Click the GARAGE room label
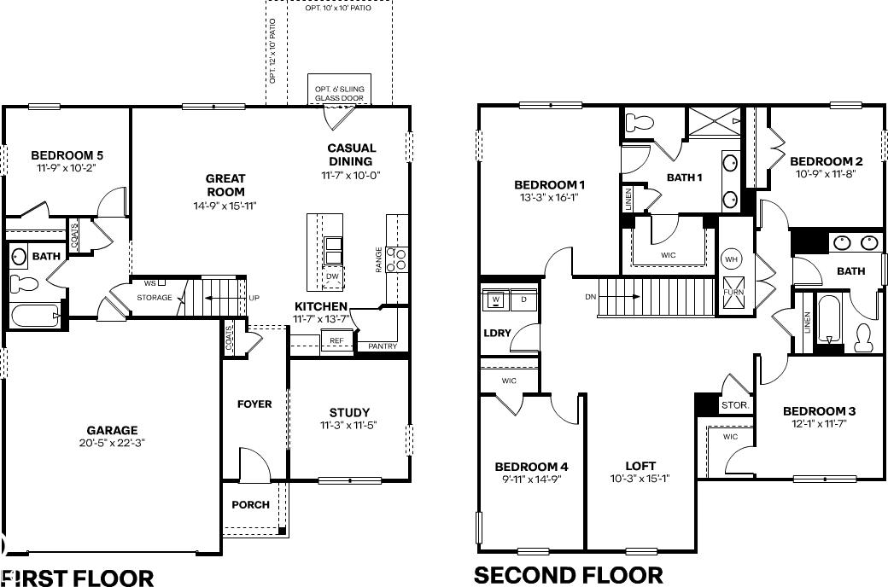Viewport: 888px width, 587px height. (112, 430)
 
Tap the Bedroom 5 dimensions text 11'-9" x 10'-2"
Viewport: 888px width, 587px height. (67, 167)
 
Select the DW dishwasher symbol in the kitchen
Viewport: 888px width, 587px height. (332, 276)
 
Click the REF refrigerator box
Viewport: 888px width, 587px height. (336, 340)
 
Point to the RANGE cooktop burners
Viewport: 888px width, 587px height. (397, 259)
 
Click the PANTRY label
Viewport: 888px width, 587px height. (383, 346)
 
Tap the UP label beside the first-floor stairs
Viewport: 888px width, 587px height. (254, 298)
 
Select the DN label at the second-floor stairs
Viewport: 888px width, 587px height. (591, 297)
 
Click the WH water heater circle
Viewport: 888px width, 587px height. (731, 259)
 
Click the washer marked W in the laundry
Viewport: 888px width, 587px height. (496, 299)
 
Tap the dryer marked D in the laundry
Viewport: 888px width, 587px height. (523, 299)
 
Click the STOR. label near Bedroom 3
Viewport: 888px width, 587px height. (735, 405)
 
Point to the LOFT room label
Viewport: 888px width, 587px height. (640, 466)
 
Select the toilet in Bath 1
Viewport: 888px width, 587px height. (638, 122)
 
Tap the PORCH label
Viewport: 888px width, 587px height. (251, 504)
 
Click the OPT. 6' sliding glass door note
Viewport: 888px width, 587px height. (340, 93)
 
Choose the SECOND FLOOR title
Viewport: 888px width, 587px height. (568, 575)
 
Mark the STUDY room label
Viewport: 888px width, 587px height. (349, 413)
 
